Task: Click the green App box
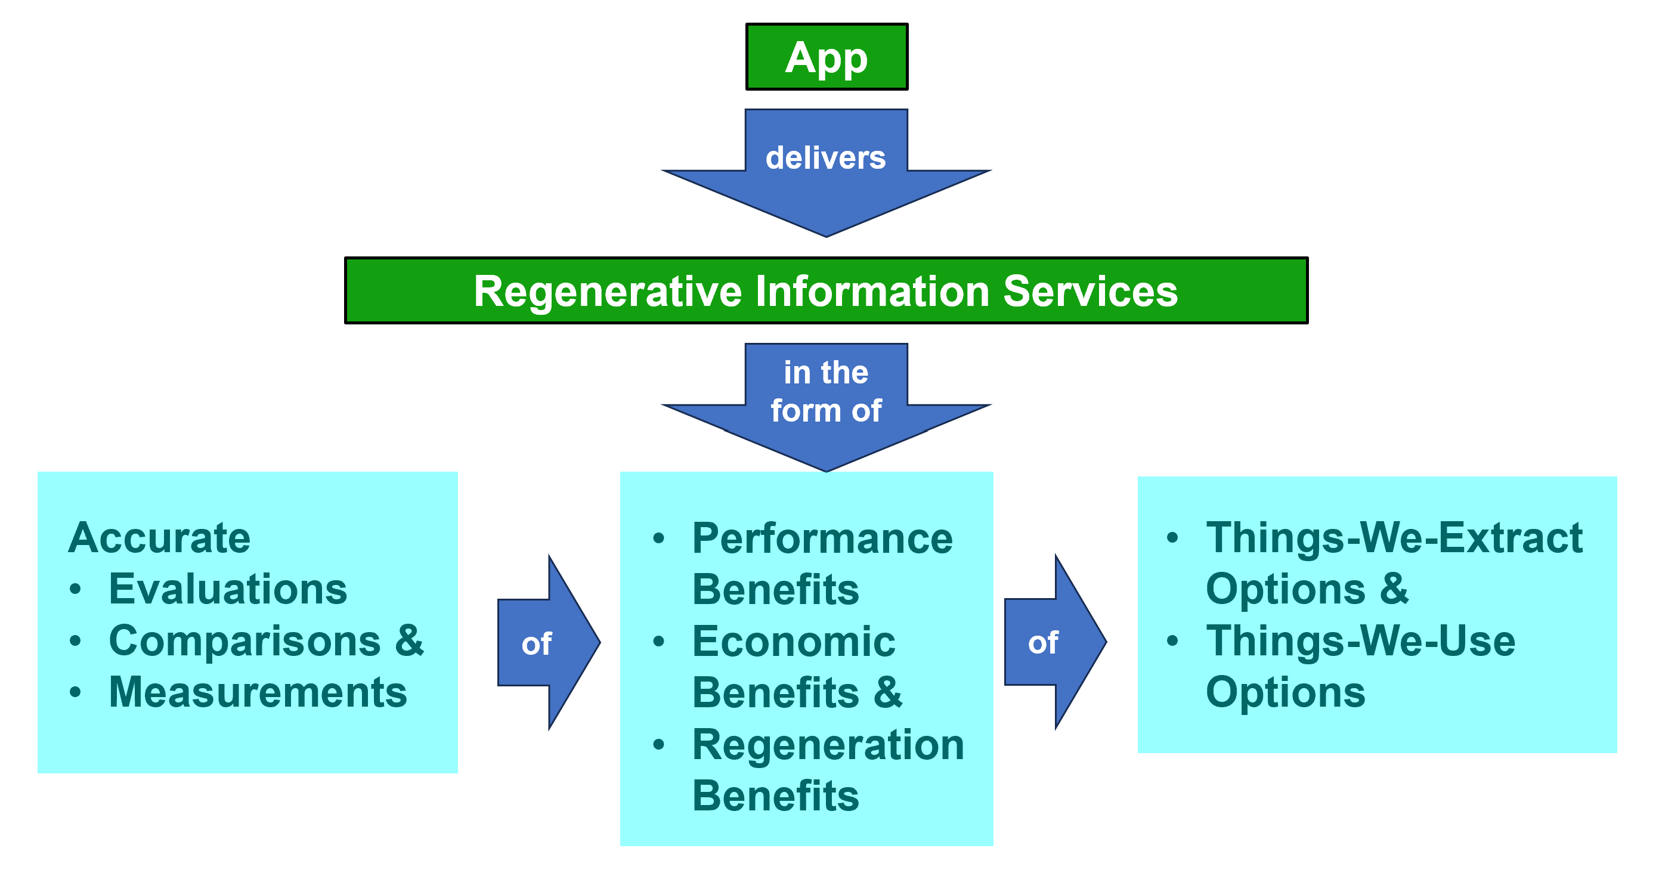coord(827,57)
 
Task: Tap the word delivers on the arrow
coord(826,158)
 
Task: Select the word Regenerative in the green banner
coord(608,292)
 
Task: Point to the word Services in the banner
coord(1090,291)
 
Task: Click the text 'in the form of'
coord(827,391)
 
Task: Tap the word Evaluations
coord(228,589)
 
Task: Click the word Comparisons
coord(244,641)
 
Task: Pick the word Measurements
coord(258,692)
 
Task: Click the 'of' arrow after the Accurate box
coord(549,642)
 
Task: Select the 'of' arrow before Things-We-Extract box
coord(1056,642)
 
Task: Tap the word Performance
coord(822,538)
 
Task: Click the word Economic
coord(794,641)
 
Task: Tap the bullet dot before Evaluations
coord(75,589)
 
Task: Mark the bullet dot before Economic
coord(658,641)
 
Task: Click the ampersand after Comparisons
coord(410,640)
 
